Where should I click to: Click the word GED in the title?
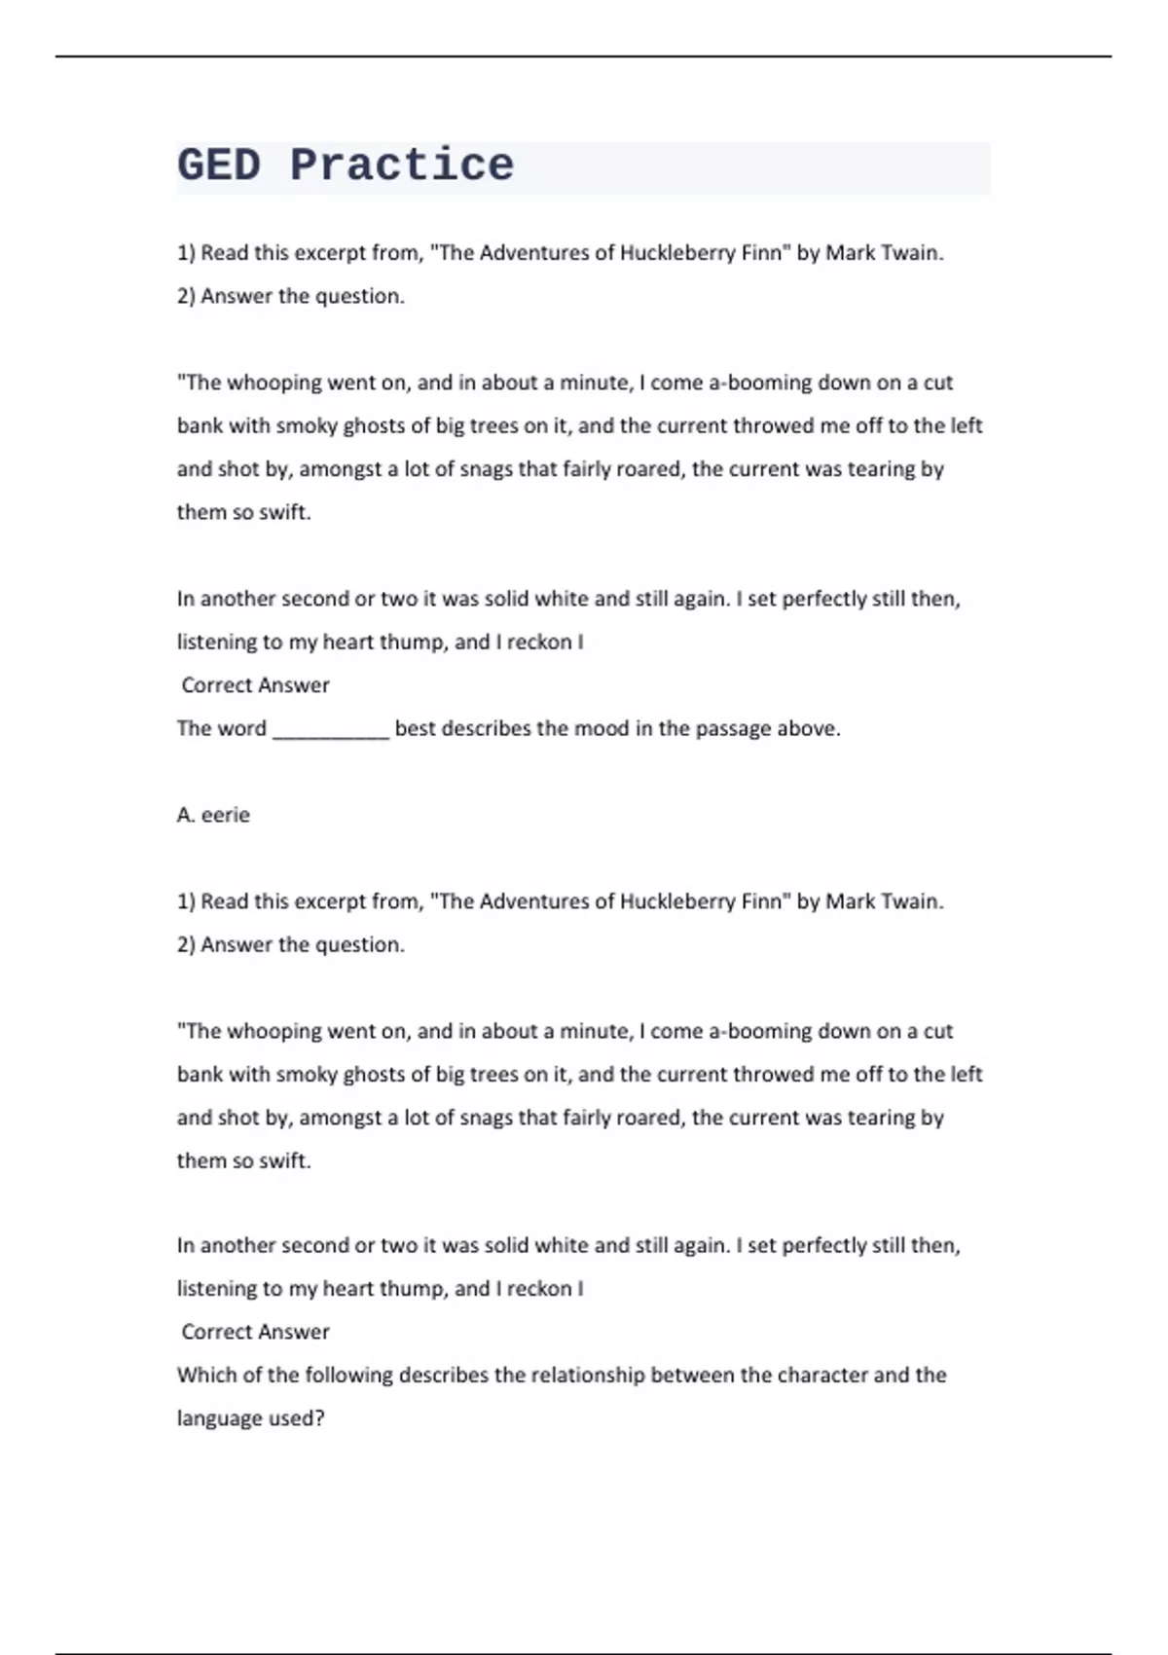(219, 165)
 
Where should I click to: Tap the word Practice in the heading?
(401, 165)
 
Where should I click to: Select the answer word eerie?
(226, 815)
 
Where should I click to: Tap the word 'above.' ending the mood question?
(809, 728)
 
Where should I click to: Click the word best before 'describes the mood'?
(416, 728)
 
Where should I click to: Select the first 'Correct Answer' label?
(255, 685)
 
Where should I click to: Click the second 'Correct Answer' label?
(255, 1332)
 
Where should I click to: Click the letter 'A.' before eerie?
(186, 815)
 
